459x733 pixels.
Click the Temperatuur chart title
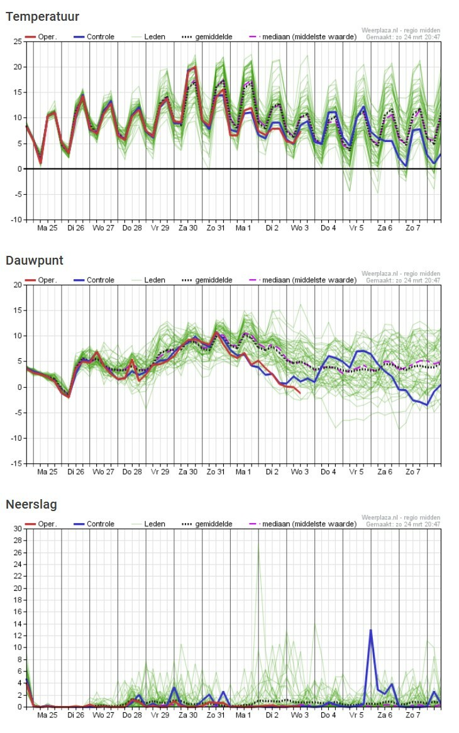tap(43, 17)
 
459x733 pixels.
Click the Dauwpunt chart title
tap(35, 260)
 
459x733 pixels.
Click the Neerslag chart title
tap(31, 504)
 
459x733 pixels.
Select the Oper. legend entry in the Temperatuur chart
tap(41, 37)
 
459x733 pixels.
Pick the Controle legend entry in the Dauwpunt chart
tap(94, 280)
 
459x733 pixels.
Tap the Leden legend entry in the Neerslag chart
tap(148, 524)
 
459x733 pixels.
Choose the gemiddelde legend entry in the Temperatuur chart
tap(207, 37)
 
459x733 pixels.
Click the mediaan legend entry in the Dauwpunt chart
tap(303, 280)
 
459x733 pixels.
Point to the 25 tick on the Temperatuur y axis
tap(18, 41)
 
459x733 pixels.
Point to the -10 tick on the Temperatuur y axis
tap(16, 220)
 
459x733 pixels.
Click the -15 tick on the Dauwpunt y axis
tap(16, 464)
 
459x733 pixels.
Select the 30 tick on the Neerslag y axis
tap(18, 529)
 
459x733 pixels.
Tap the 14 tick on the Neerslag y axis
tap(18, 624)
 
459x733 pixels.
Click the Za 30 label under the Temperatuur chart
tap(188, 228)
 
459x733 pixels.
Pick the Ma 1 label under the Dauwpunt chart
tap(243, 472)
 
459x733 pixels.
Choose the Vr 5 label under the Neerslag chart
tap(356, 715)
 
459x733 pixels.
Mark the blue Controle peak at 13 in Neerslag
tap(371, 630)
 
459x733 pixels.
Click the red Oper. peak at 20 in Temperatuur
tap(194, 67)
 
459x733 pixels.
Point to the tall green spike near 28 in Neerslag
tap(258, 544)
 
